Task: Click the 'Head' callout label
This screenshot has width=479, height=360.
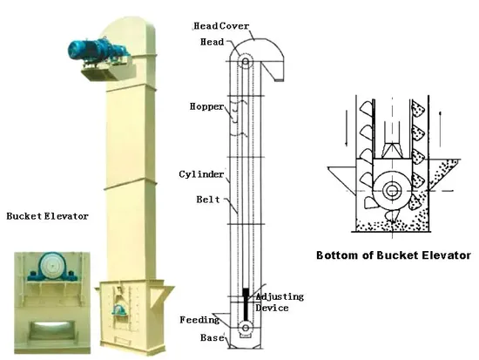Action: pyautogui.click(x=213, y=40)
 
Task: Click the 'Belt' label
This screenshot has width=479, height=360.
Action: pyautogui.click(x=208, y=201)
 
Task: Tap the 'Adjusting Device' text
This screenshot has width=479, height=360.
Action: pyautogui.click(x=279, y=302)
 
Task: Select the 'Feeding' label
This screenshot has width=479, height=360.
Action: pyautogui.click(x=199, y=319)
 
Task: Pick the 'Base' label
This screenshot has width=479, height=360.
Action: pyautogui.click(x=213, y=336)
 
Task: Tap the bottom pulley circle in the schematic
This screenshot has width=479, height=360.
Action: pyautogui.click(x=246, y=329)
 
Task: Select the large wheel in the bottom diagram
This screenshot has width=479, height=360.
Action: pyautogui.click(x=389, y=188)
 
